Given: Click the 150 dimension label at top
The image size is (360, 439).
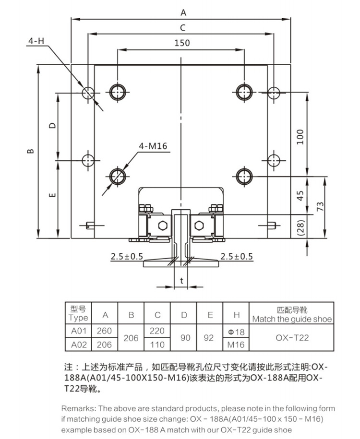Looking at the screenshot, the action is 182,43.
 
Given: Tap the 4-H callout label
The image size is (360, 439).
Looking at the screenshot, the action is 36,41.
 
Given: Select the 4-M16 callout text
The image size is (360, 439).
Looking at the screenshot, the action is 153,146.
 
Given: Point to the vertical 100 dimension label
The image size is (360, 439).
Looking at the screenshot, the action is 300,137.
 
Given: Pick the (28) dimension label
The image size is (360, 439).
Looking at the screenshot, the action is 300,227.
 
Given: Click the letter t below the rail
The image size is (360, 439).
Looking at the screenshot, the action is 182,280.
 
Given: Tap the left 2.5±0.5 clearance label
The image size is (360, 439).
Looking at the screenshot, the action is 127,256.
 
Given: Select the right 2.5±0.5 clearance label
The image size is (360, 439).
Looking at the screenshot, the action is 237,256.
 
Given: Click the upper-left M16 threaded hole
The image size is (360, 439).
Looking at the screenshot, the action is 118,92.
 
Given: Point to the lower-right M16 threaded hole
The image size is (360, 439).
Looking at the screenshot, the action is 244,177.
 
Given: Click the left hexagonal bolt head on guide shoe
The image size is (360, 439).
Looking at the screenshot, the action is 163,225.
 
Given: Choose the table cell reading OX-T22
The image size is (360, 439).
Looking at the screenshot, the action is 292,338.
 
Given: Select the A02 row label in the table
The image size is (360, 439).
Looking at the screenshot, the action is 78,344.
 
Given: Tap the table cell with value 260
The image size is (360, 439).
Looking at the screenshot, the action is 105,331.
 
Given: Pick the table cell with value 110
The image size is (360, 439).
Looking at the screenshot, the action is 157,344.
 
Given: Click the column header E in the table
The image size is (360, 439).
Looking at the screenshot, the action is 210,315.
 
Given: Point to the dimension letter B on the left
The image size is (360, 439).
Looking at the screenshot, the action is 31,151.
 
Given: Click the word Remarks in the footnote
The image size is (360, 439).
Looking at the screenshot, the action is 78,408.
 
